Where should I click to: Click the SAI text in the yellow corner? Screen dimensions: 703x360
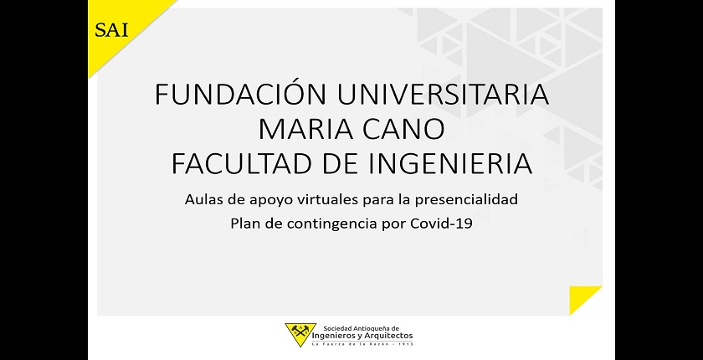click(111, 30)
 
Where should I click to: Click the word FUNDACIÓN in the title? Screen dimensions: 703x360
click(240, 94)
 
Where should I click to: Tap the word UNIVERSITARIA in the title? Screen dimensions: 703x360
click(443, 95)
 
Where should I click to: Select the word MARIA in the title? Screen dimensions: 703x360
click(303, 130)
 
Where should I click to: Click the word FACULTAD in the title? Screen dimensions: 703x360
click(240, 163)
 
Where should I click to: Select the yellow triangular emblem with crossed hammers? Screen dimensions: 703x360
click(300, 333)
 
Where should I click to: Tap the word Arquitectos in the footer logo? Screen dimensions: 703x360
click(390, 336)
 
